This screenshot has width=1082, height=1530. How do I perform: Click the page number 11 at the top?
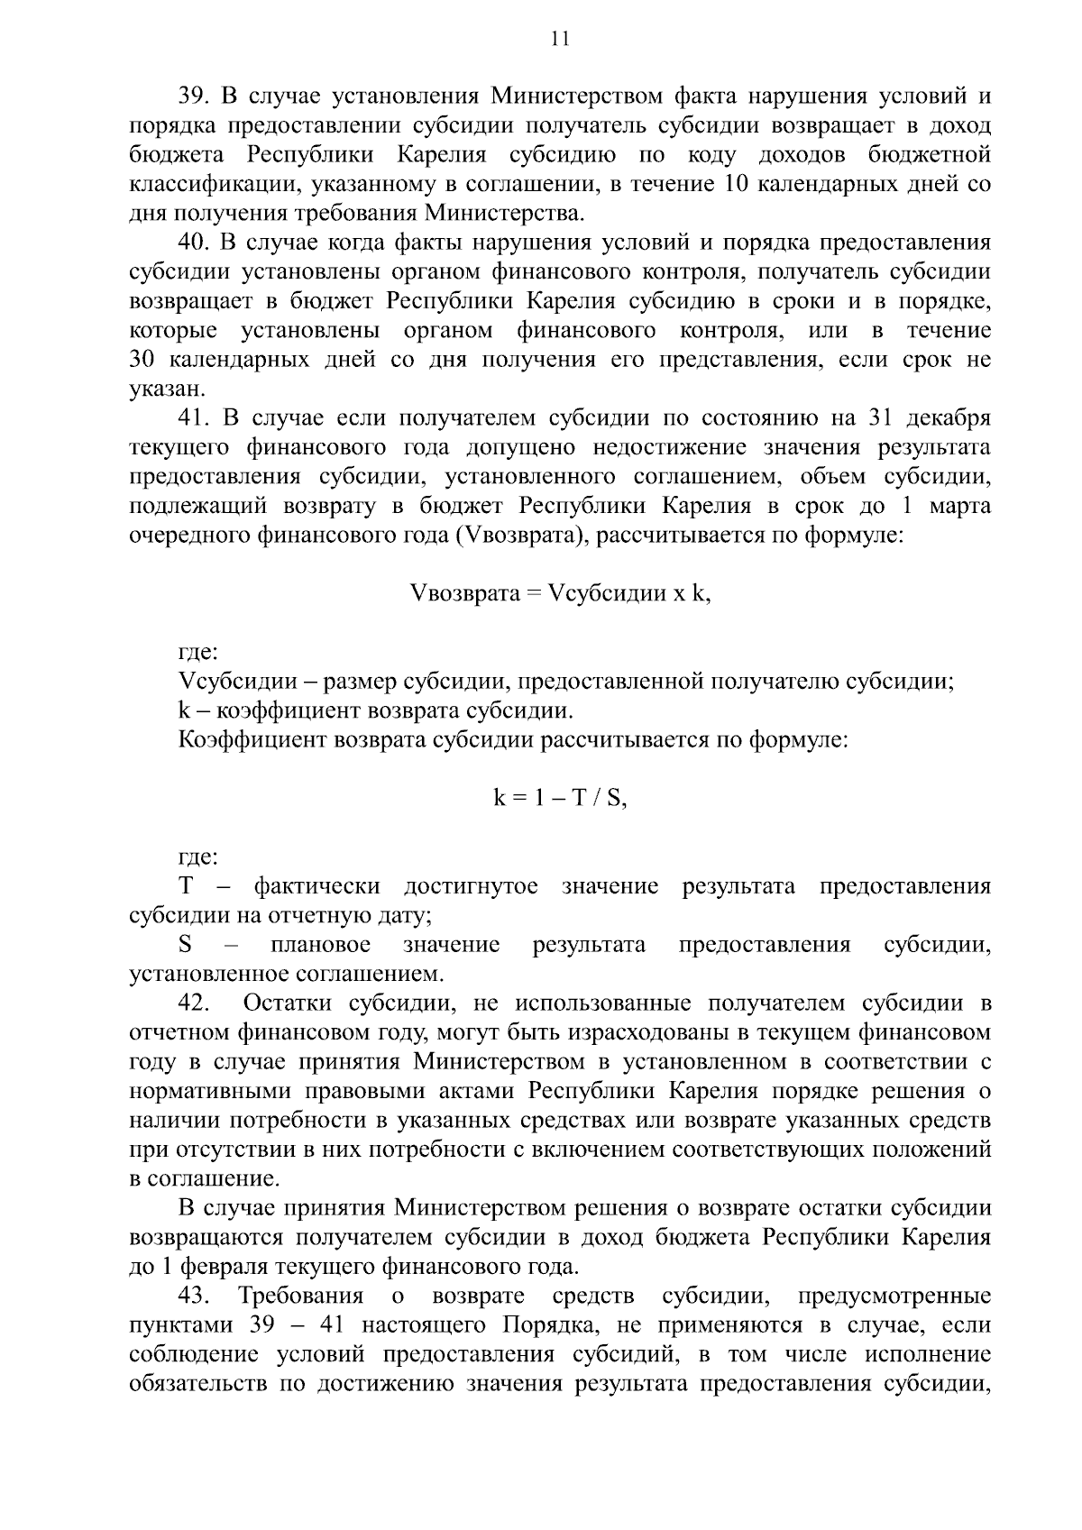coord(558,39)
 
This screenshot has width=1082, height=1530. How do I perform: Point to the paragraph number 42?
coord(194,1003)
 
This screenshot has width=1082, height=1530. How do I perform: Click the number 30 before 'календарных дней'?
coord(145,360)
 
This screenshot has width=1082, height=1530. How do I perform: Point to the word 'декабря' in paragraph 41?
coord(949,418)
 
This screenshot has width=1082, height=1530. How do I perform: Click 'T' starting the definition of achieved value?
coord(187,887)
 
